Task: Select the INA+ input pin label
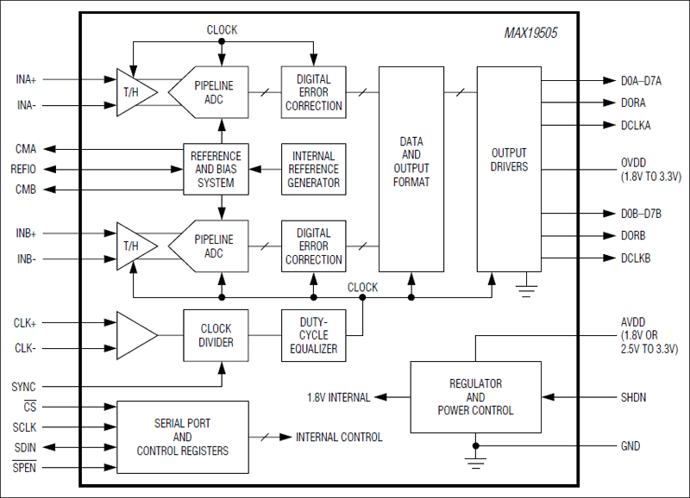pos(26,79)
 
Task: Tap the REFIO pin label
pos(23,169)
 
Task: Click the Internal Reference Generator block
pos(314,169)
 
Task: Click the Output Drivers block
pos(509,160)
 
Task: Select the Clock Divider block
pos(216,335)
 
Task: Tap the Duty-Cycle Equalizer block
pos(314,335)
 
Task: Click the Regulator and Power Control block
pos(475,397)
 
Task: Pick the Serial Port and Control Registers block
pos(182,437)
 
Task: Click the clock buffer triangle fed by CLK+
pos(134,335)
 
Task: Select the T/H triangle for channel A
pos(135,92)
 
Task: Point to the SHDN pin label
pos(633,397)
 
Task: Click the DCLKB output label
pos(636,258)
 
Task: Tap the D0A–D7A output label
pos(641,80)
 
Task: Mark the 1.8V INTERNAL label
pos(338,397)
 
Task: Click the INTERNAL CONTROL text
pos(339,437)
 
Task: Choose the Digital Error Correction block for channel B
pos(314,246)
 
